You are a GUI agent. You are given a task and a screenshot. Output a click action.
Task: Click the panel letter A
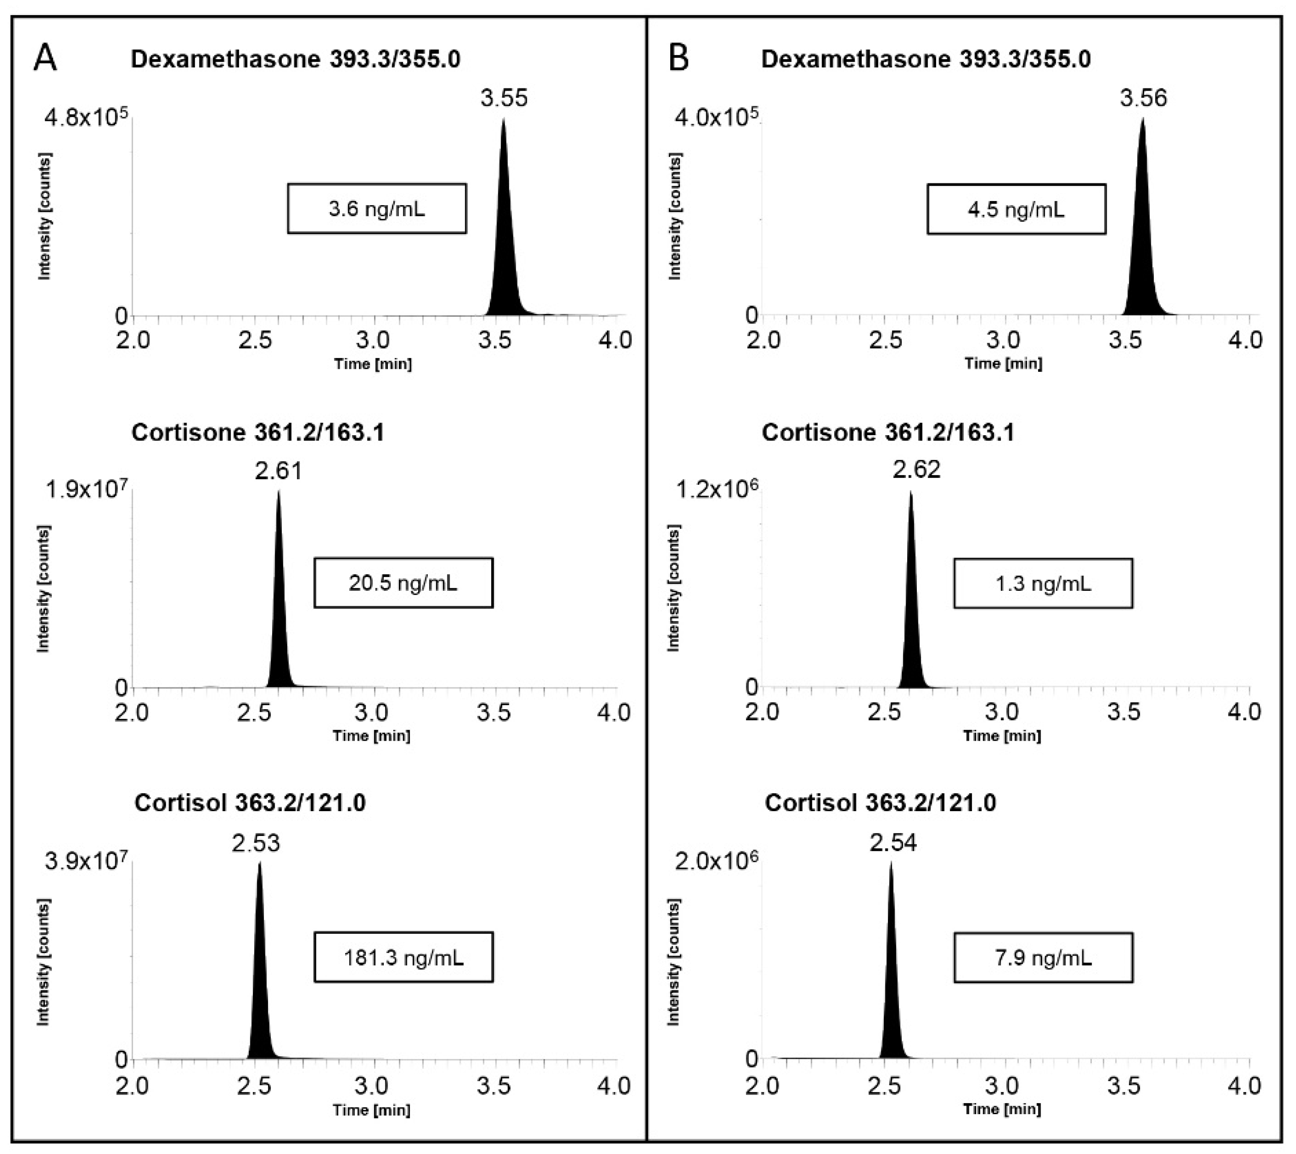45,59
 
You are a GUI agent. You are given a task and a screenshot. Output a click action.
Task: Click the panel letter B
679,59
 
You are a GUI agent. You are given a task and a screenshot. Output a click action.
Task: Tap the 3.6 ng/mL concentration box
377,209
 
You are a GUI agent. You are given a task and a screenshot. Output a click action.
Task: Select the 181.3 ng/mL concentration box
403,957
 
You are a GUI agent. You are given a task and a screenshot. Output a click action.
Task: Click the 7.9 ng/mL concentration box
1043,957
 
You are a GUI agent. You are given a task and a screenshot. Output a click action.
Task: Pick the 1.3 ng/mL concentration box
1043,583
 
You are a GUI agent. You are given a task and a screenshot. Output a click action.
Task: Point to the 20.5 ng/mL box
403,582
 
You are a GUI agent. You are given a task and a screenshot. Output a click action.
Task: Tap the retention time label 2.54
893,843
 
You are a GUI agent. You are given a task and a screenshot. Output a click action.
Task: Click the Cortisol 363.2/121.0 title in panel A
250,803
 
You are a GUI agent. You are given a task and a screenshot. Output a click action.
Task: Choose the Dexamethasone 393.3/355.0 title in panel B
926,59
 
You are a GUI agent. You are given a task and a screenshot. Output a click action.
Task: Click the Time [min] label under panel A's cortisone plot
372,736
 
